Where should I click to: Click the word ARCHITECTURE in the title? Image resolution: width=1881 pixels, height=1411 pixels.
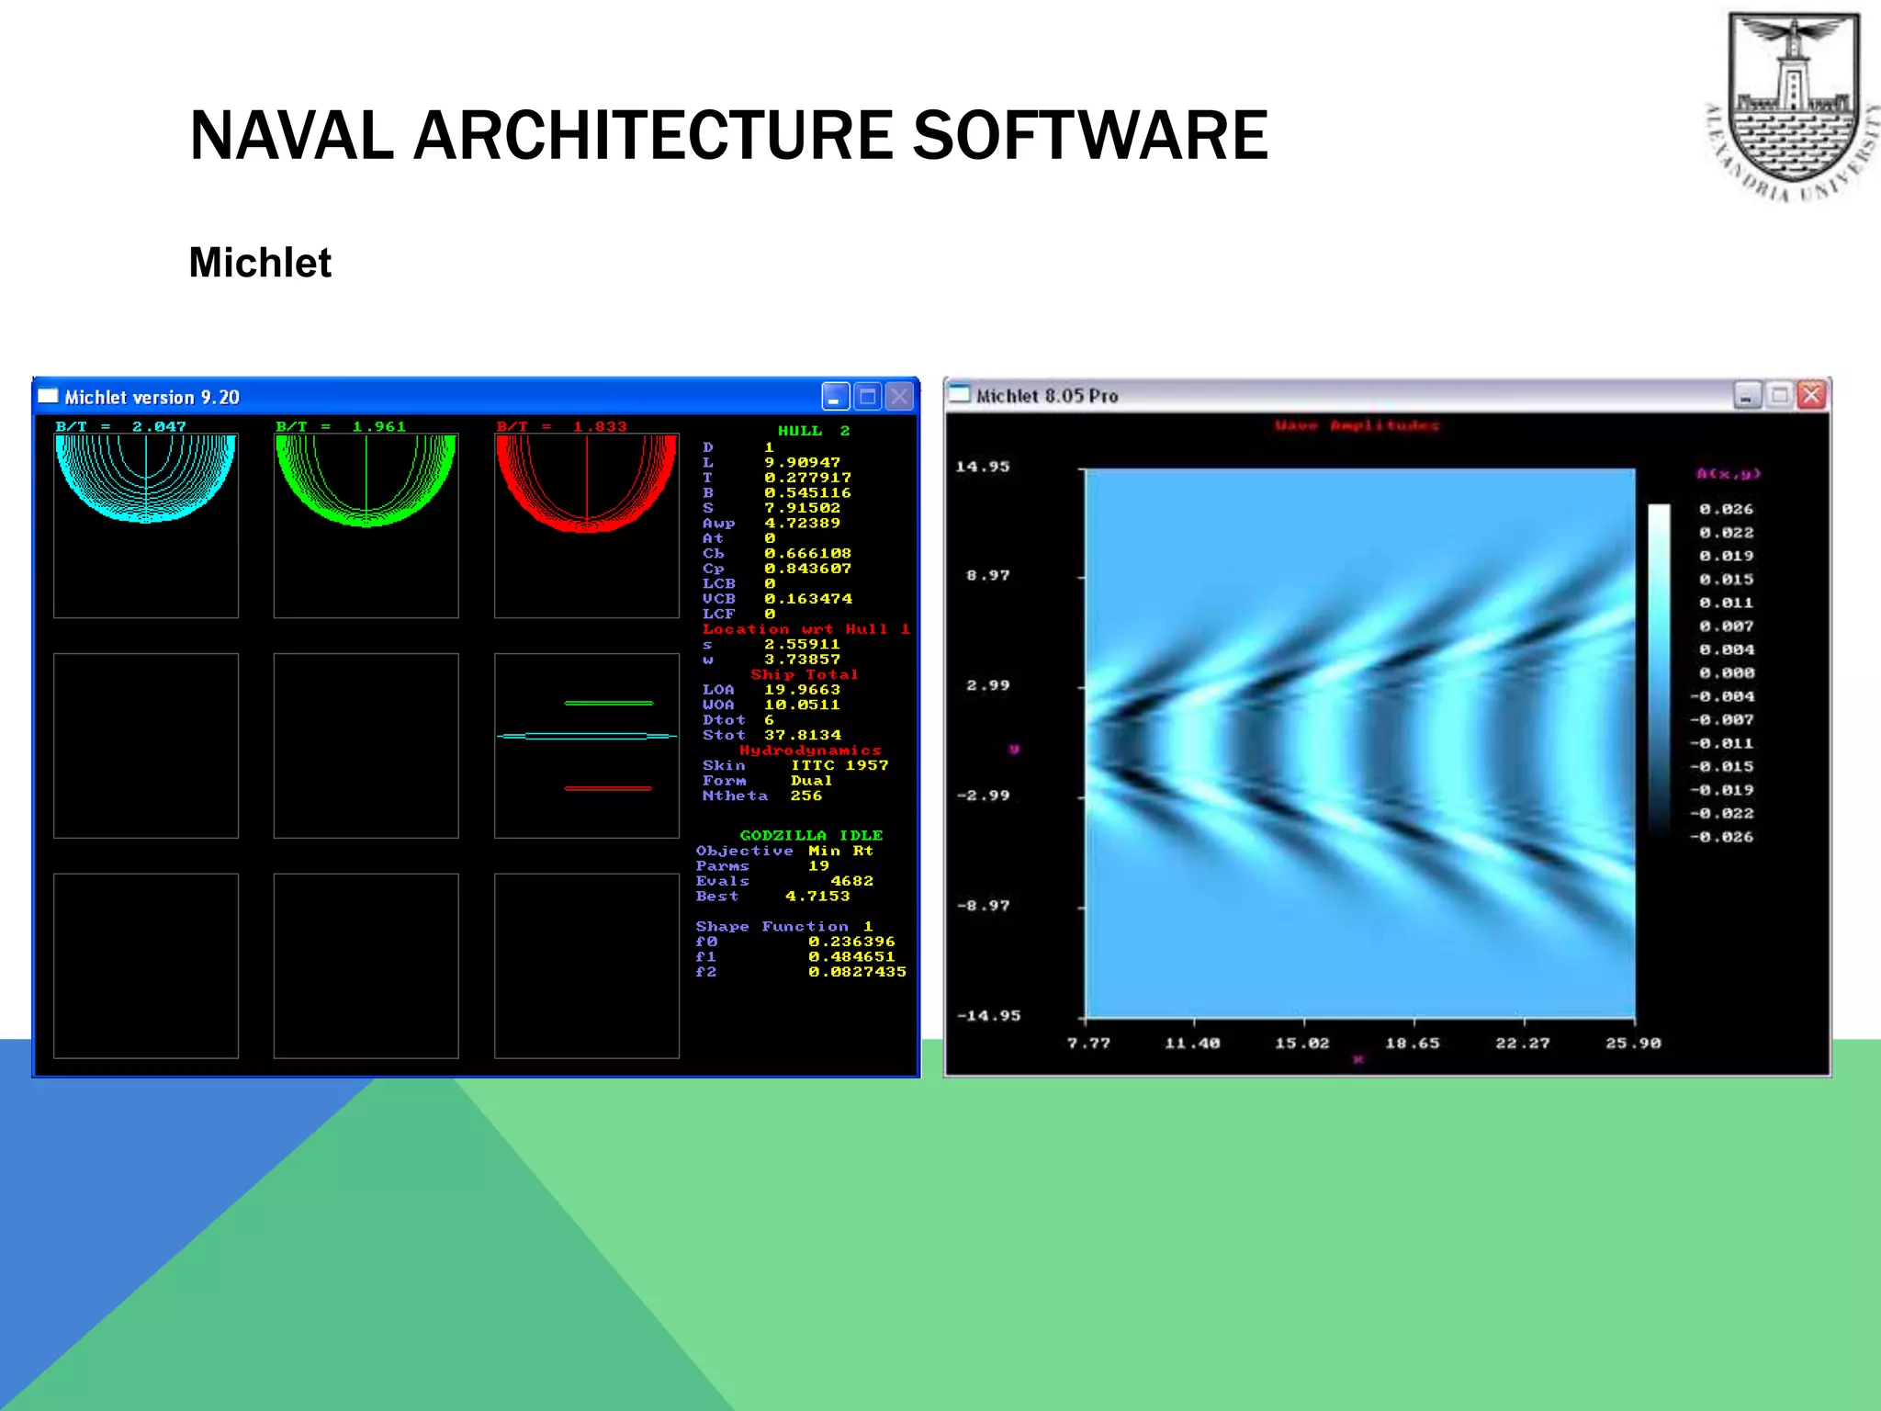click(653, 136)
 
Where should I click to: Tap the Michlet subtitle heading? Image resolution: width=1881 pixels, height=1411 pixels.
click(260, 263)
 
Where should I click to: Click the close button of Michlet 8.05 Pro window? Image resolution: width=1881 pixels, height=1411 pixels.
click(1811, 395)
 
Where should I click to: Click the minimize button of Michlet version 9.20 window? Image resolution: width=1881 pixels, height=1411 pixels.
click(835, 397)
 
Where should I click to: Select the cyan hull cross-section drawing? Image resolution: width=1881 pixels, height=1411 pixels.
click(145, 478)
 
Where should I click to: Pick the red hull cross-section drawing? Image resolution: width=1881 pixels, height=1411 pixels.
click(586, 482)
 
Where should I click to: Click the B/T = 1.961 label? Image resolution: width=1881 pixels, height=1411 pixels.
click(341, 426)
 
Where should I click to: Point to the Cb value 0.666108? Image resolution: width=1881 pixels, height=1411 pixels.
click(807, 553)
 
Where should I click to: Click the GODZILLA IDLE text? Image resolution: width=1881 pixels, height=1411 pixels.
click(811, 835)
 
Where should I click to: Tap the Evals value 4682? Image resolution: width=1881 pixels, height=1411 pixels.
click(851, 881)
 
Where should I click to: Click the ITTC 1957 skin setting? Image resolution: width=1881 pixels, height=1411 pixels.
click(839, 765)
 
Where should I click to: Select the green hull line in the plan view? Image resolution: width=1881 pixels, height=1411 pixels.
click(608, 703)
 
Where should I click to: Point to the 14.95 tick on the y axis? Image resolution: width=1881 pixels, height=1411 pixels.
click(982, 467)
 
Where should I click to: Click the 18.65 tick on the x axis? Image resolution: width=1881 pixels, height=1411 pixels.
click(1413, 1043)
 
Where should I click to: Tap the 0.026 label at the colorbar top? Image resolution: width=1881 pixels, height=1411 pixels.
click(1726, 509)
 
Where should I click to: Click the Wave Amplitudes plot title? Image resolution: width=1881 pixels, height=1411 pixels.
click(1357, 425)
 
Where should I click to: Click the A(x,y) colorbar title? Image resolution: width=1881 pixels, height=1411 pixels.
click(1728, 474)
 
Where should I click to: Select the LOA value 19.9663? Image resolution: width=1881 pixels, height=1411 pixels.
click(802, 690)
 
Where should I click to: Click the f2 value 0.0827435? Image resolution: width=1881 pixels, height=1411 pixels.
click(856, 972)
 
